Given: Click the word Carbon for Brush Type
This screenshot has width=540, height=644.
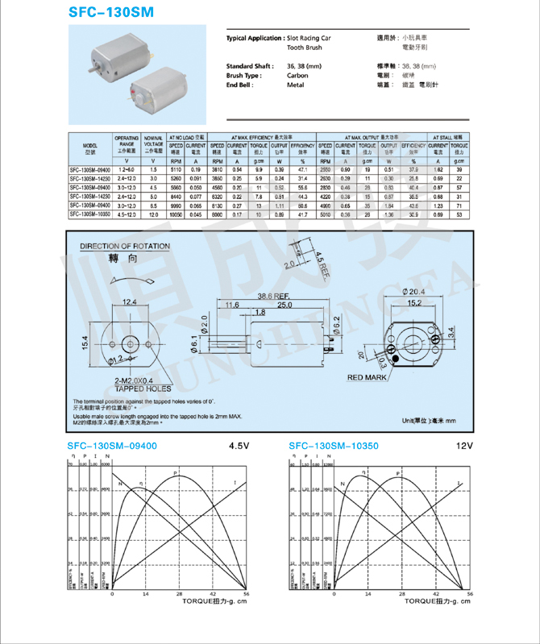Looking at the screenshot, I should click(297, 75).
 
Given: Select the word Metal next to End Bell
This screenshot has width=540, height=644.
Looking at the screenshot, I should click(295, 85).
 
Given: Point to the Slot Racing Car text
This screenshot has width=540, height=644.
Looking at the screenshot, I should click(309, 38).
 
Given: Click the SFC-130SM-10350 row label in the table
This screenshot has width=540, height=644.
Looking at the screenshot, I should click(90, 215).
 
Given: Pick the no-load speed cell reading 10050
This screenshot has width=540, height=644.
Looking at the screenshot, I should click(176, 215).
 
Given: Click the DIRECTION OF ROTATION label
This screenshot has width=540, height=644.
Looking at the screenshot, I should click(125, 247).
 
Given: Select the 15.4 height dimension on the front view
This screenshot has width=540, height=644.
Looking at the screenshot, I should click(85, 343).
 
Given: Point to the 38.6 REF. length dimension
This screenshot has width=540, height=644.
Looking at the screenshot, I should click(274, 295).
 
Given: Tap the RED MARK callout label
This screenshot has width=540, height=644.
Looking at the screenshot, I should click(367, 377).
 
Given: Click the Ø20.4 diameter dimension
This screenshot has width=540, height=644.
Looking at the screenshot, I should click(411, 291).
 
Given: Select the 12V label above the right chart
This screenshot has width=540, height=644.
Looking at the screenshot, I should click(463, 446).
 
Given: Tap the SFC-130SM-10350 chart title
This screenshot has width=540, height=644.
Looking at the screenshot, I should click(333, 446).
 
